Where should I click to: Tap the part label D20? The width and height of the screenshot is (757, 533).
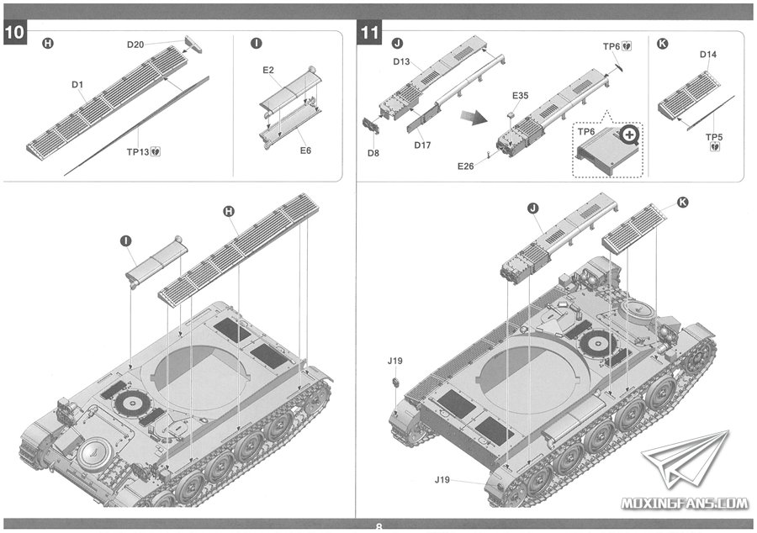(x=135, y=45)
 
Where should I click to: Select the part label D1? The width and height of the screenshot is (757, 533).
(x=77, y=85)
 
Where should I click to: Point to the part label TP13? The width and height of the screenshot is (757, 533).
(x=137, y=152)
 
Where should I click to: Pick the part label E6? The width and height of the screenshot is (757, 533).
(x=305, y=150)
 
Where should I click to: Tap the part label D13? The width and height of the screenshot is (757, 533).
(x=401, y=61)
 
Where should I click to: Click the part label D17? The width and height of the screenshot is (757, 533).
(x=423, y=145)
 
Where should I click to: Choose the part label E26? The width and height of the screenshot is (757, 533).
(x=467, y=166)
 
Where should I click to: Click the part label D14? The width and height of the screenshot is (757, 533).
(x=708, y=55)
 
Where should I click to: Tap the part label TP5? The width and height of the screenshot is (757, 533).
(x=714, y=136)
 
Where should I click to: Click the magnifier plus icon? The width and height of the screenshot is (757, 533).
(x=631, y=134)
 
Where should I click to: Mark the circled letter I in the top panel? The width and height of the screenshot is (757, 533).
(x=257, y=43)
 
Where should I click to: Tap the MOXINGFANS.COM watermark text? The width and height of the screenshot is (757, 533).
(x=685, y=504)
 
